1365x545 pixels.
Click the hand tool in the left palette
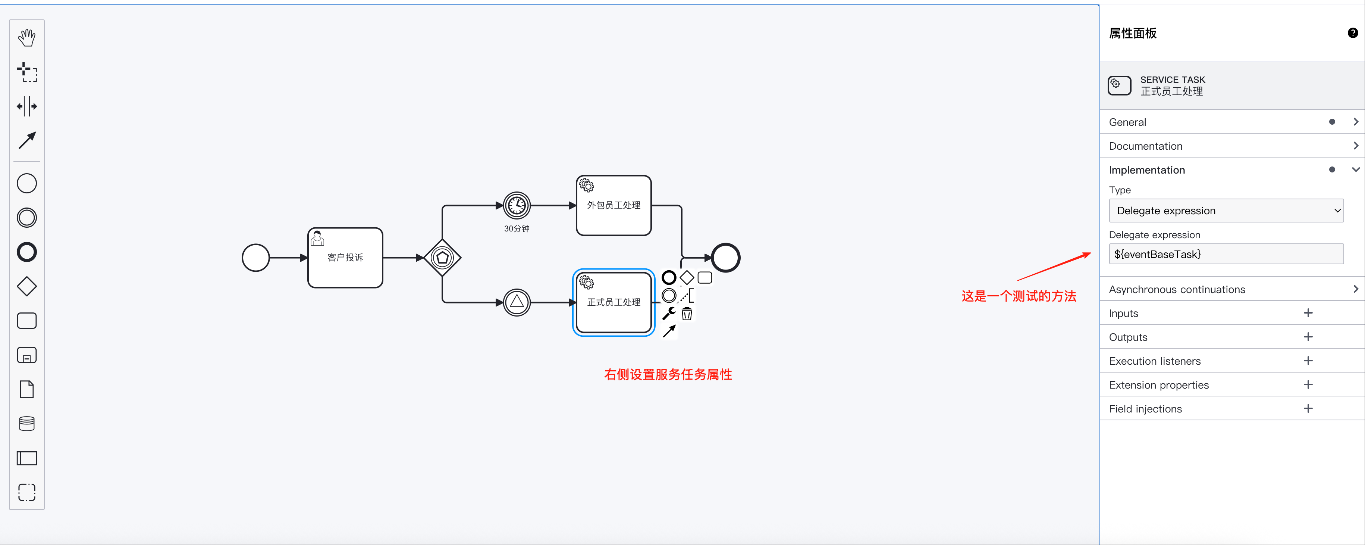click(x=26, y=38)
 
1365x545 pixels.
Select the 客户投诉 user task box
click(x=345, y=258)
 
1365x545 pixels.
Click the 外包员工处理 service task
click(x=614, y=205)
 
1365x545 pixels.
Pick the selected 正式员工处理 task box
click(x=614, y=302)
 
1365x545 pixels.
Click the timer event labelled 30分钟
click(x=517, y=205)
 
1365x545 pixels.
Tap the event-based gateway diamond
click(x=442, y=258)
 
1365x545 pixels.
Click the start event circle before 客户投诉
click(x=256, y=258)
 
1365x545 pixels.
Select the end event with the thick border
click(x=725, y=258)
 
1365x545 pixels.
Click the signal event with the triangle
click(x=517, y=302)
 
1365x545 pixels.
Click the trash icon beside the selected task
click(x=687, y=314)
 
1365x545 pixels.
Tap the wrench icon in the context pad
click(x=669, y=313)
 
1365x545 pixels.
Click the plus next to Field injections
click(x=1308, y=408)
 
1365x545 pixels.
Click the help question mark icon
click(x=1352, y=33)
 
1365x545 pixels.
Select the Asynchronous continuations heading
click(x=1177, y=289)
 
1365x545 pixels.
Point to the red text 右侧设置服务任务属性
click(x=668, y=374)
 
